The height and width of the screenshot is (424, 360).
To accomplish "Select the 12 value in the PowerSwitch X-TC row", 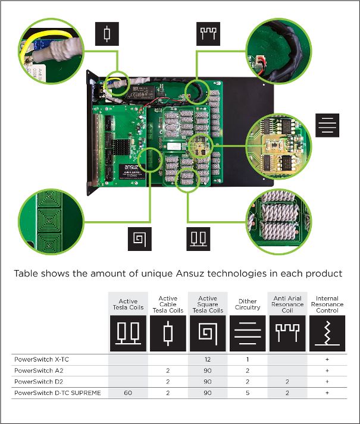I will coord(208,360).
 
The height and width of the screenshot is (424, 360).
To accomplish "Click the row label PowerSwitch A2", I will coord(36,370).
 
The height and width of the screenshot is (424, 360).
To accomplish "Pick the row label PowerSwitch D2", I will coord(36,381).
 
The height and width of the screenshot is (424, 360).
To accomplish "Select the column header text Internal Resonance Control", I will coord(327,303).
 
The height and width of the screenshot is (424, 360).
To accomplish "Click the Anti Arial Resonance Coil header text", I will coord(287,303).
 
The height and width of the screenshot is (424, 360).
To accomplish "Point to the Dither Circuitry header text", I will coord(248,304).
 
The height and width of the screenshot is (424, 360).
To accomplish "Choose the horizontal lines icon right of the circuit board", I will coord(327,125).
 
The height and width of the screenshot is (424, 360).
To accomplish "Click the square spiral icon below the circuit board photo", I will coord(139,238).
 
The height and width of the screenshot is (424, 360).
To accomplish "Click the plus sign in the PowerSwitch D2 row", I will coord(327,381).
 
